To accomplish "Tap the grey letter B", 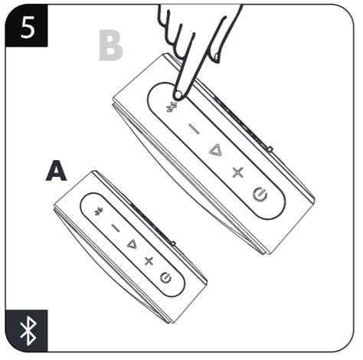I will (110, 47).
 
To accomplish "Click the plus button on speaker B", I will (237, 172).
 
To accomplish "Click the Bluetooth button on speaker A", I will (97, 211).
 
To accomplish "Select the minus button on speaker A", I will (114, 227).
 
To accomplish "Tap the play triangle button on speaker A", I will (131, 244).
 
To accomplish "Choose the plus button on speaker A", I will (149, 261).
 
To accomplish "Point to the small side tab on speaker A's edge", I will (173, 244).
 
